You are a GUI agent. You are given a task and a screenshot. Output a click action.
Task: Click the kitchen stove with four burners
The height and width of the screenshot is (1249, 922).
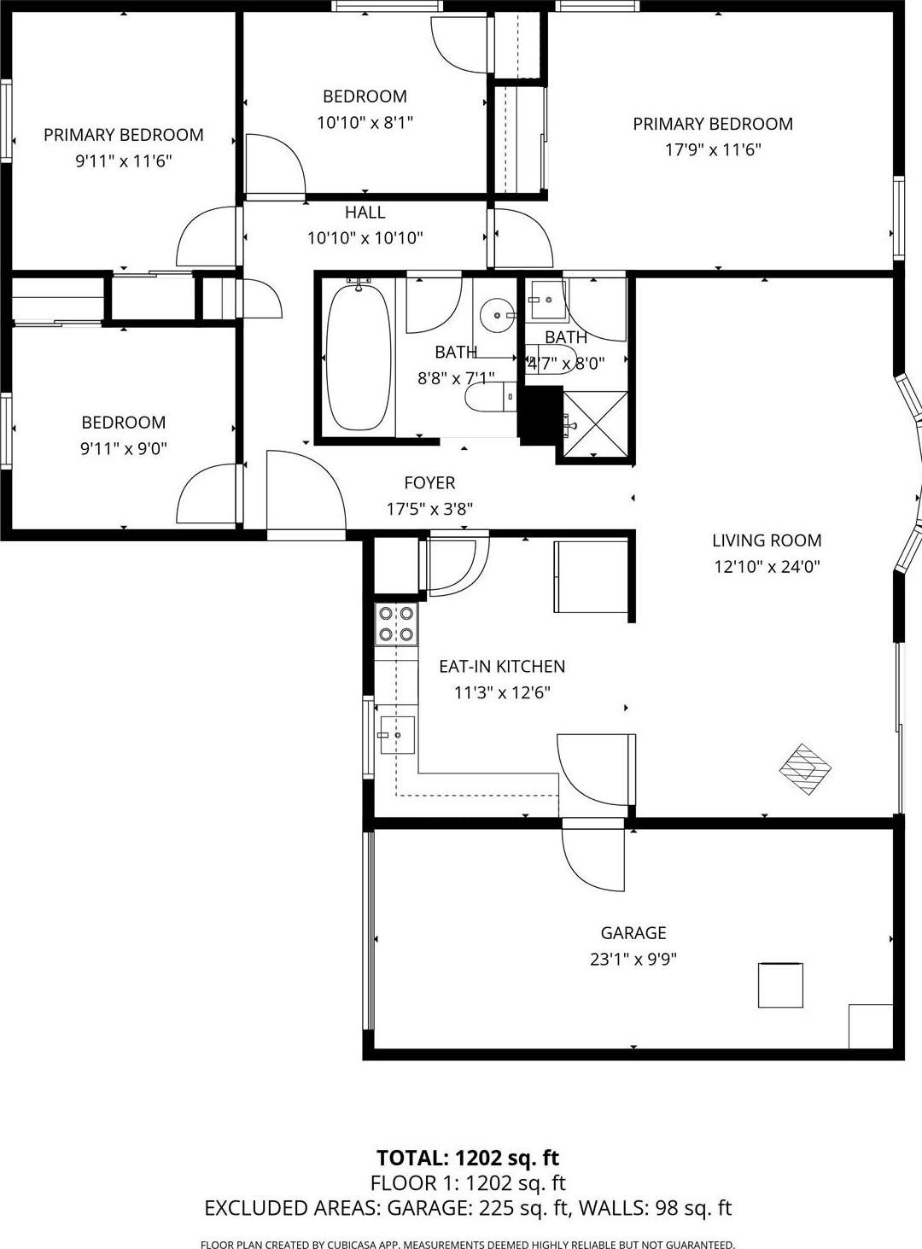tap(396, 623)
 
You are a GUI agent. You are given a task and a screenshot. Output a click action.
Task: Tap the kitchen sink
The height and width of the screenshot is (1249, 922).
tap(396, 735)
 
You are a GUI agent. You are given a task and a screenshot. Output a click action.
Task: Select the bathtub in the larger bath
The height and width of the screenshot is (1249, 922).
tap(359, 357)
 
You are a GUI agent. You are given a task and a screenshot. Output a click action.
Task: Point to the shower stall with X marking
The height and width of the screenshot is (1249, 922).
tap(595, 424)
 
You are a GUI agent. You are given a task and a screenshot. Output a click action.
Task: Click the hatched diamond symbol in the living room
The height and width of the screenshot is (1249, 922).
tap(805, 768)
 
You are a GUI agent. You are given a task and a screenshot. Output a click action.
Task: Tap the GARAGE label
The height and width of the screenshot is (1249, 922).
tap(633, 933)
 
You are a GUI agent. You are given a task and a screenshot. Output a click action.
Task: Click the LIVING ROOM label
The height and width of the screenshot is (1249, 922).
tap(767, 540)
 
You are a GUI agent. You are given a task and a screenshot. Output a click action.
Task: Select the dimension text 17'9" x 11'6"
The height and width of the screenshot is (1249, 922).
tap(713, 150)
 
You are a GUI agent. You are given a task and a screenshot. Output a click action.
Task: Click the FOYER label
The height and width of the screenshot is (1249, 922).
tap(429, 483)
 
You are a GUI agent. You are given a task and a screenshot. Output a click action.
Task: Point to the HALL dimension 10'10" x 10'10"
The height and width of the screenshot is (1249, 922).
tap(365, 238)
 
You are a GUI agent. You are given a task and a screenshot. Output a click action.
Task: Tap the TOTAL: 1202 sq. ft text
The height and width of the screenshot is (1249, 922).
tap(468, 1158)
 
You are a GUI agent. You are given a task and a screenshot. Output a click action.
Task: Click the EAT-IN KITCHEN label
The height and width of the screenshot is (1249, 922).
tap(502, 667)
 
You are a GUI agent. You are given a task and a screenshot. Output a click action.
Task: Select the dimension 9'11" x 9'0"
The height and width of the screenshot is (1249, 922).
tap(123, 448)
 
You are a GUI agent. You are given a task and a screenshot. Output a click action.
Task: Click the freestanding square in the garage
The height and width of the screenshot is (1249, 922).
tap(780, 985)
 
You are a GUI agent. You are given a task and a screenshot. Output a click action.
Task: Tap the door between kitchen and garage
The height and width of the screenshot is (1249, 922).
tap(592, 858)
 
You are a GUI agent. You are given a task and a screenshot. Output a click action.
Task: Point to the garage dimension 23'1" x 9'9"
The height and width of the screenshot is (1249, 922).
tap(633, 959)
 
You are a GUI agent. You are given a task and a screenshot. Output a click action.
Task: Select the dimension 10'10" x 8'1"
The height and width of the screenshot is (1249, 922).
tap(365, 122)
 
